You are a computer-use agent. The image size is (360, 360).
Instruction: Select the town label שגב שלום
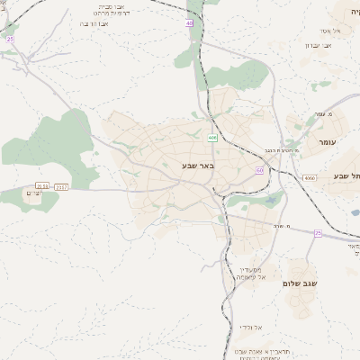[x=301, y=283]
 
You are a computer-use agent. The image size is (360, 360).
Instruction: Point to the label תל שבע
[x=346, y=175]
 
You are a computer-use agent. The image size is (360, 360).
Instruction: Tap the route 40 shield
[x=190, y=23]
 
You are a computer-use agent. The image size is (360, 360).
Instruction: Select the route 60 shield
[x=259, y=169]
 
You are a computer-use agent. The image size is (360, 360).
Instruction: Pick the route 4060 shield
[x=310, y=178]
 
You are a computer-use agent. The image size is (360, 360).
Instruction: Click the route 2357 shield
[x=60, y=186]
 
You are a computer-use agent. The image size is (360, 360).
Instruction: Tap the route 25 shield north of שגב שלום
[x=318, y=232]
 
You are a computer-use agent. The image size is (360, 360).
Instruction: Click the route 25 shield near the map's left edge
[x=10, y=39]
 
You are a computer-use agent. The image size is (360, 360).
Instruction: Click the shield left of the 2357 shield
[x=42, y=186]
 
